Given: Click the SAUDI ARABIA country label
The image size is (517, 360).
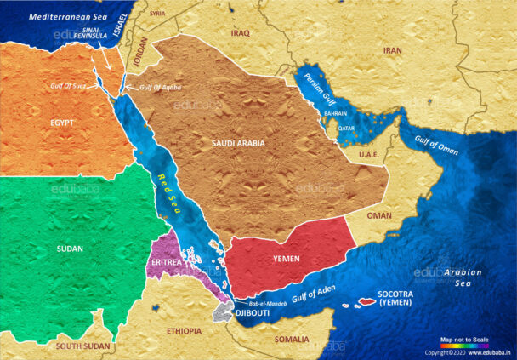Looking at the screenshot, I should pos(239,143).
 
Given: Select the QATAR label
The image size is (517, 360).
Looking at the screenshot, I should pos(346,129).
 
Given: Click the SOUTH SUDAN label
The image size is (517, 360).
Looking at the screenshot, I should pos(82,346).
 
